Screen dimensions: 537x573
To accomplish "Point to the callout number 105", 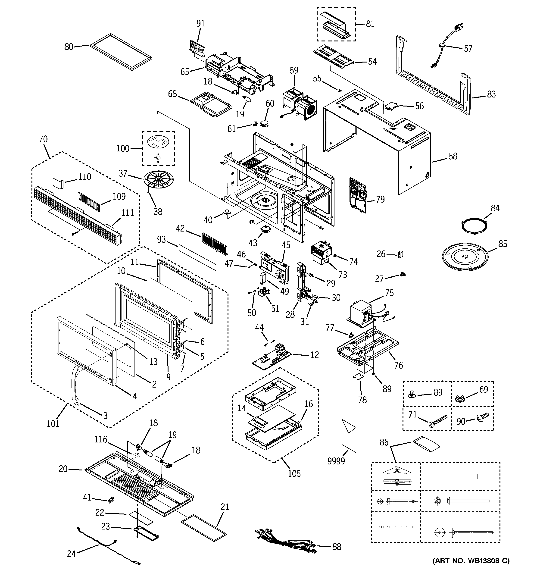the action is point(294,473).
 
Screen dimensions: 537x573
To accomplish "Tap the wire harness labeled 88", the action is point(286,542).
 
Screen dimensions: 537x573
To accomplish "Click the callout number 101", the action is point(53,423).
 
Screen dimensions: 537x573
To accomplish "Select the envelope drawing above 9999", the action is point(349,436).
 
